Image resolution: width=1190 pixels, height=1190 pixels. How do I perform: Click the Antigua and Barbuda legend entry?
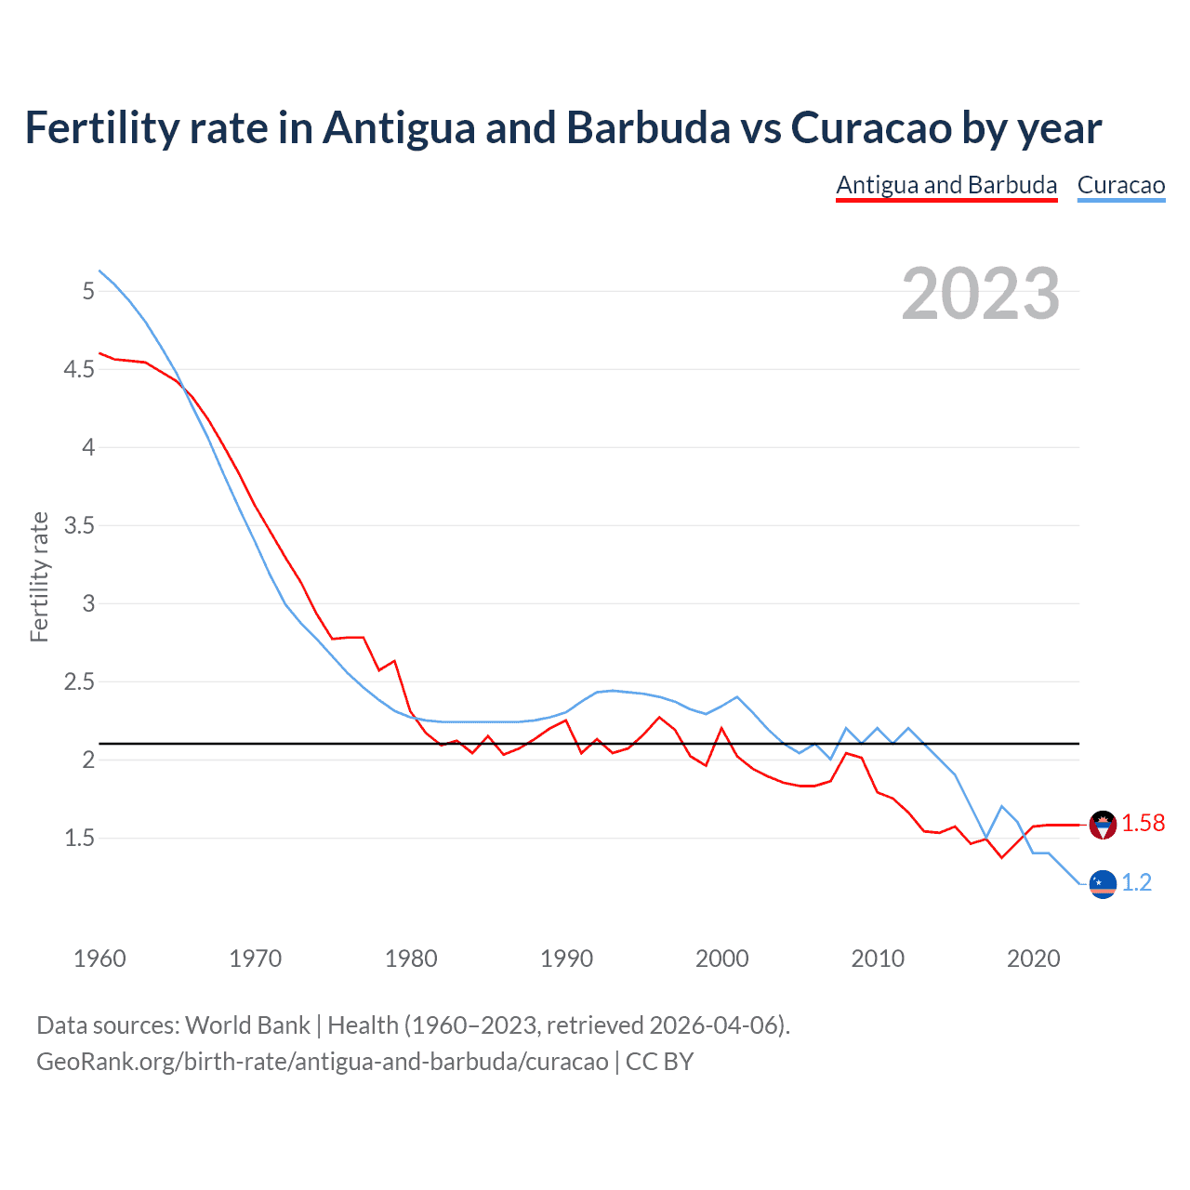(946, 185)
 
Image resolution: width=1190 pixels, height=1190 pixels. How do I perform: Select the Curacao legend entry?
(1120, 185)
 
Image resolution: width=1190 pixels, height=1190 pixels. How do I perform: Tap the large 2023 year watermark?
(981, 294)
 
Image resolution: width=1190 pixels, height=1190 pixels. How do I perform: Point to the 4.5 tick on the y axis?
(79, 370)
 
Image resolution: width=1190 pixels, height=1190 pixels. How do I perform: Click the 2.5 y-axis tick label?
(79, 682)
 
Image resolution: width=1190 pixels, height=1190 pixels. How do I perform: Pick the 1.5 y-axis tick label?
(79, 839)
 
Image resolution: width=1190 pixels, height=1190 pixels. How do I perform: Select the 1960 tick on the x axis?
(99, 959)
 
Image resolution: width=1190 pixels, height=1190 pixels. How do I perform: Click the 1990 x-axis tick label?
(566, 959)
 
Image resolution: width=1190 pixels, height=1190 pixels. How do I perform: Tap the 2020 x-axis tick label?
(1033, 959)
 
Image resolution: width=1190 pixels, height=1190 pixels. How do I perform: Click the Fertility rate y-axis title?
(39, 576)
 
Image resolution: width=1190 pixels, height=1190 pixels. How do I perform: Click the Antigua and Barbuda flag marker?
(1103, 825)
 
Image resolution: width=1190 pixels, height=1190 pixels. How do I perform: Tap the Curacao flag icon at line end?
(1103, 884)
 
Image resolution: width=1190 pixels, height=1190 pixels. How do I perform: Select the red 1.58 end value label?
(1143, 824)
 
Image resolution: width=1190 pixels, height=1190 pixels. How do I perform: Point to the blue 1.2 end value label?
(1136, 883)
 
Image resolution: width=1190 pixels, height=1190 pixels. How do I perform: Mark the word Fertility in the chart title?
(101, 128)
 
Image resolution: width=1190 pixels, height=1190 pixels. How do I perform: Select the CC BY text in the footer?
(659, 1062)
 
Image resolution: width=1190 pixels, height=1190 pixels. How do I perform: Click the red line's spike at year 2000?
(722, 728)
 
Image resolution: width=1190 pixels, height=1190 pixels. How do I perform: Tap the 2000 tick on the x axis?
(721, 959)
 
